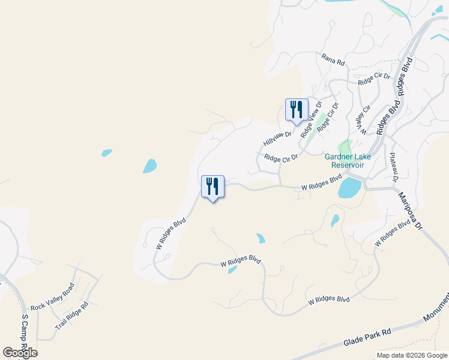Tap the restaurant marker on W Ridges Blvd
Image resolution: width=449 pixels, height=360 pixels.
point(212,187)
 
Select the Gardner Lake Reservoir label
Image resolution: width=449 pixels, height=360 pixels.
point(348,161)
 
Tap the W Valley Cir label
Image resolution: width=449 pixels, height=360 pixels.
point(363,119)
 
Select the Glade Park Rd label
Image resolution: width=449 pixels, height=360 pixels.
point(367,338)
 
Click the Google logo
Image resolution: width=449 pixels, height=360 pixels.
point(20,353)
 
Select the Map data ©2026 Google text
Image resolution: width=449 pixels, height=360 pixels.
point(411,355)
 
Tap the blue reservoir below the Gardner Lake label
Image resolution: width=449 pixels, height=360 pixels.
point(349,188)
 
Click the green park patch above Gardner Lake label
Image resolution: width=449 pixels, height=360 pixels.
point(345,146)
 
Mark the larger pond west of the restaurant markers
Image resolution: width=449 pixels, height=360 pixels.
point(149,166)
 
